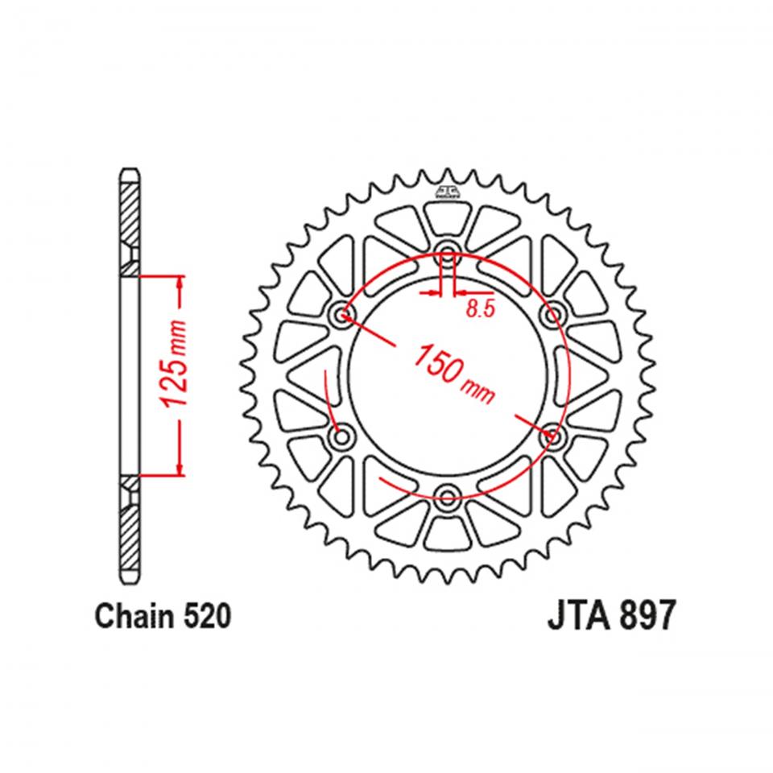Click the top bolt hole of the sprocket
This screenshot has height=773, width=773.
click(448, 249)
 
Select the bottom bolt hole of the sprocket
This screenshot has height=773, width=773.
click(448, 494)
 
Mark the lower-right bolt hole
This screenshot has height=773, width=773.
click(554, 436)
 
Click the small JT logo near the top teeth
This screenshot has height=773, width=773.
click(448, 192)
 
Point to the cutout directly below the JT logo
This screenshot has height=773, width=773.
click(448, 217)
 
